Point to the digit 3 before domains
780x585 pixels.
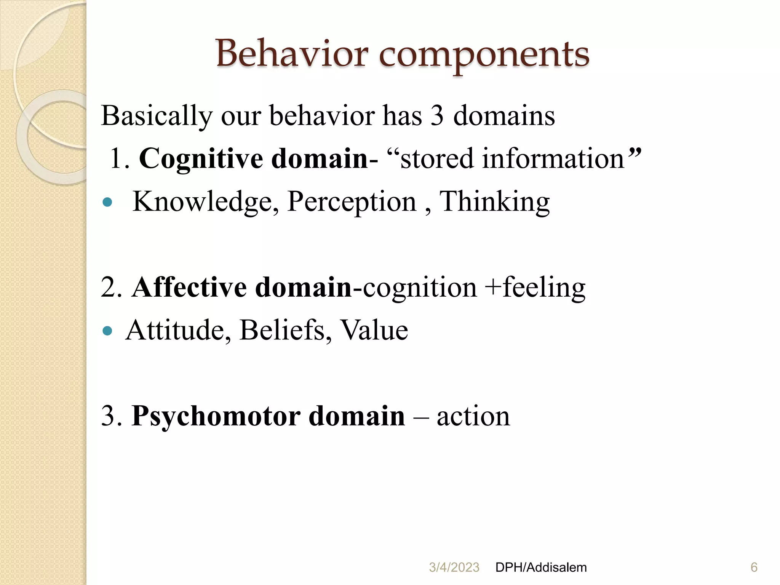(437, 116)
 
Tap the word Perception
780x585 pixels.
(352, 202)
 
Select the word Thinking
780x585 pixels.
(494, 202)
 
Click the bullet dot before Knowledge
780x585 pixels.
(108, 202)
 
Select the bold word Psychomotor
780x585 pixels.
(216, 416)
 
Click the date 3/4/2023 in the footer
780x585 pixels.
(454, 567)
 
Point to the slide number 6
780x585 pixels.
(754, 567)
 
